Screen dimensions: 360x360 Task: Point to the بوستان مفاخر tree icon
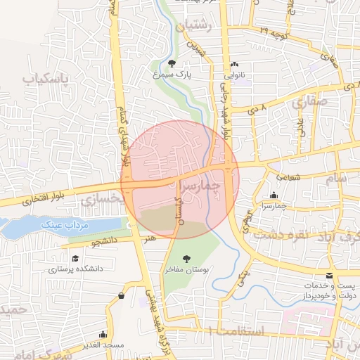(x=186, y=258)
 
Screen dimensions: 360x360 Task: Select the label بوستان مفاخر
(x=186, y=269)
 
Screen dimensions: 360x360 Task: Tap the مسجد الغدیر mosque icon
(x=104, y=334)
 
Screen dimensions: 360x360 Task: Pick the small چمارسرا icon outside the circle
(x=274, y=195)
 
